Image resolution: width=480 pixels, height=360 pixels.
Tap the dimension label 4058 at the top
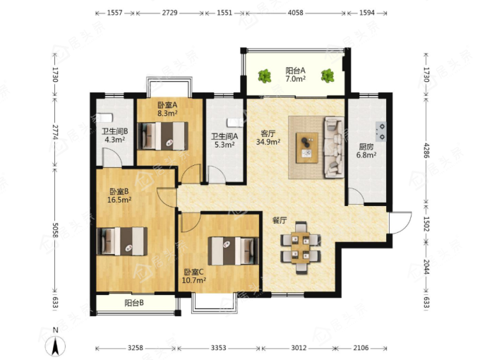tap(295, 13)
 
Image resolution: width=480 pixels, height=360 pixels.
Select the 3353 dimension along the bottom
tap(219, 348)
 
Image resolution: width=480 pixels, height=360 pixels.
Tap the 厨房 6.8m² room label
tap(366, 151)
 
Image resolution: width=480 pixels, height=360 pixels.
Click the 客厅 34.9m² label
tap(268, 138)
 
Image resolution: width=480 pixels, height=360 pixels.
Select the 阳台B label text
tap(134, 303)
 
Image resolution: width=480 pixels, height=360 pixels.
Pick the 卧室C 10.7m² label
tap(194, 276)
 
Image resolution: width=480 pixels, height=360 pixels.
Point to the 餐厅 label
tap(280, 220)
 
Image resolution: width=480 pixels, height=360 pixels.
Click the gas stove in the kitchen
tap(381, 131)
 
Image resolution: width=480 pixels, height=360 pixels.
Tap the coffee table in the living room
tap(307, 148)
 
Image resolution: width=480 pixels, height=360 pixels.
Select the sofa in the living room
tap(334, 147)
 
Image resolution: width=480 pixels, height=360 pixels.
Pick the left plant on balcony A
tap(265, 76)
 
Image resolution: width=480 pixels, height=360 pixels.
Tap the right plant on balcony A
tap(328, 76)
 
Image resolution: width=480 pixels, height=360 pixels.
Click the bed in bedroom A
tap(162, 136)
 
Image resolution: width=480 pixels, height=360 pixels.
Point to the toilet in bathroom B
tap(102, 118)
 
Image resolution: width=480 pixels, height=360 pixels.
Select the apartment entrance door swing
tap(400, 222)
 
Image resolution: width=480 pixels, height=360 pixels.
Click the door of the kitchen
tap(356, 196)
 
